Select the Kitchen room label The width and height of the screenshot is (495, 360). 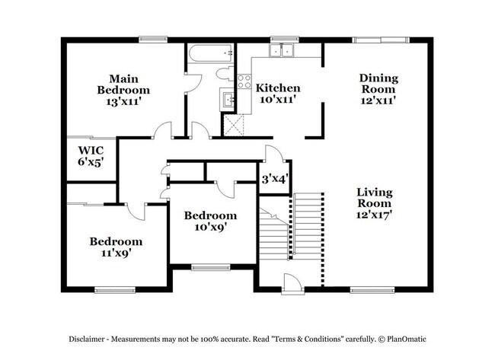point(277,93)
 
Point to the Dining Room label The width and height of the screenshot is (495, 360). point(378,88)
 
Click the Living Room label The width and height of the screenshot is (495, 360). point(375,203)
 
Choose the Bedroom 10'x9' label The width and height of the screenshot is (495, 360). point(210,221)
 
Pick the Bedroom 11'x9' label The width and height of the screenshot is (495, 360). point(116,247)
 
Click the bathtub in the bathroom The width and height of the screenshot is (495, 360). point(210,55)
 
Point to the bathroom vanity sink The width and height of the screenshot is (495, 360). point(227,97)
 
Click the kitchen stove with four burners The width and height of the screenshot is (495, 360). point(245,81)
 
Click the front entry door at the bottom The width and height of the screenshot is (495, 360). point(290,285)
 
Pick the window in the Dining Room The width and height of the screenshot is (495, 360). point(378,40)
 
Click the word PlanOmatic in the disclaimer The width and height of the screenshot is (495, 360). point(407,337)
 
